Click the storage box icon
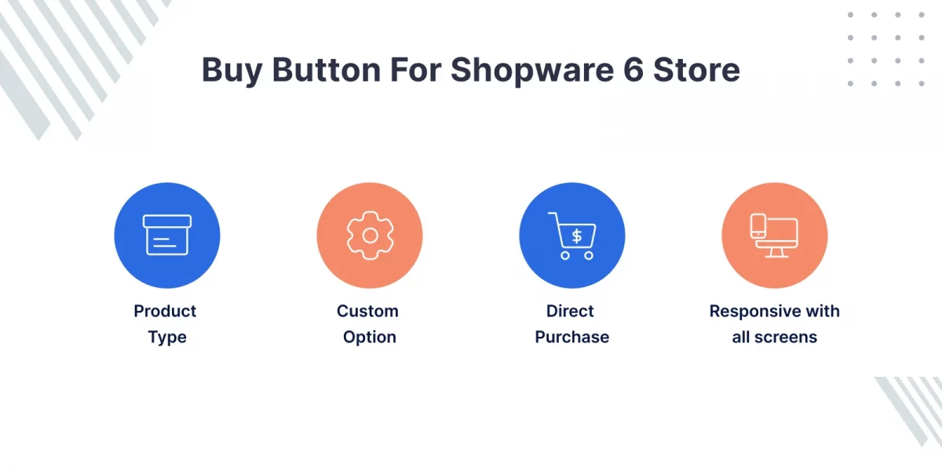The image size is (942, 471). (x=167, y=235)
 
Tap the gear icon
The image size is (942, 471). (x=369, y=235)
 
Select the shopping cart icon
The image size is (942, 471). (x=572, y=235)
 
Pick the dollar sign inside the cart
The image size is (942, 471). (x=577, y=235)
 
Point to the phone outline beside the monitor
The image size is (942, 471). (x=758, y=227)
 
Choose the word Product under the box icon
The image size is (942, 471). (x=165, y=311)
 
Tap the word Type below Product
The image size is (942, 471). (x=167, y=338)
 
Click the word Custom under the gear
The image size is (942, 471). (x=367, y=311)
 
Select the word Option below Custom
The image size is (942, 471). (x=369, y=338)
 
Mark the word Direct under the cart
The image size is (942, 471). (x=571, y=311)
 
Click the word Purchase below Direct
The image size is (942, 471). (x=571, y=338)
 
